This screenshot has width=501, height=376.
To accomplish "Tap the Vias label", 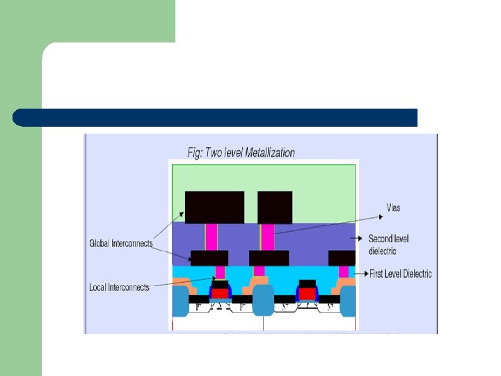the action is [x=393, y=207].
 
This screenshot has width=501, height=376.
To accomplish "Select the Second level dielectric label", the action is [x=389, y=244].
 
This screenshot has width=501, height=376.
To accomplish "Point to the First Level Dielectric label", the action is [x=400, y=274].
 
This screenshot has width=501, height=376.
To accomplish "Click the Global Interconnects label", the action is [x=120, y=244].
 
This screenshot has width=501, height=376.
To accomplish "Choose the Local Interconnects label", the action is [x=119, y=287].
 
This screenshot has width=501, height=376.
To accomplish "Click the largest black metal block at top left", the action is [x=214, y=207].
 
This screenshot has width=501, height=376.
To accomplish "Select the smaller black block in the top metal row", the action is [x=275, y=207].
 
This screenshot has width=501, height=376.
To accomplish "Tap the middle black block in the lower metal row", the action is [x=269, y=258].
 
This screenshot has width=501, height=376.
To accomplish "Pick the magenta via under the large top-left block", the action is [x=212, y=237].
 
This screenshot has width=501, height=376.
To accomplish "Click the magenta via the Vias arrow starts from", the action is [x=267, y=237].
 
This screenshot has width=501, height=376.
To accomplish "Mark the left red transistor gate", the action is [x=220, y=293].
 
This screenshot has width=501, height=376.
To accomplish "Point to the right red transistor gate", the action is [x=307, y=293].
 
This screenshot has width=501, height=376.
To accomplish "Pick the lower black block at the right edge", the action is [x=342, y=258].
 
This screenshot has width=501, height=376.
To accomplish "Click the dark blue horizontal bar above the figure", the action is [x=216, y=117].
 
